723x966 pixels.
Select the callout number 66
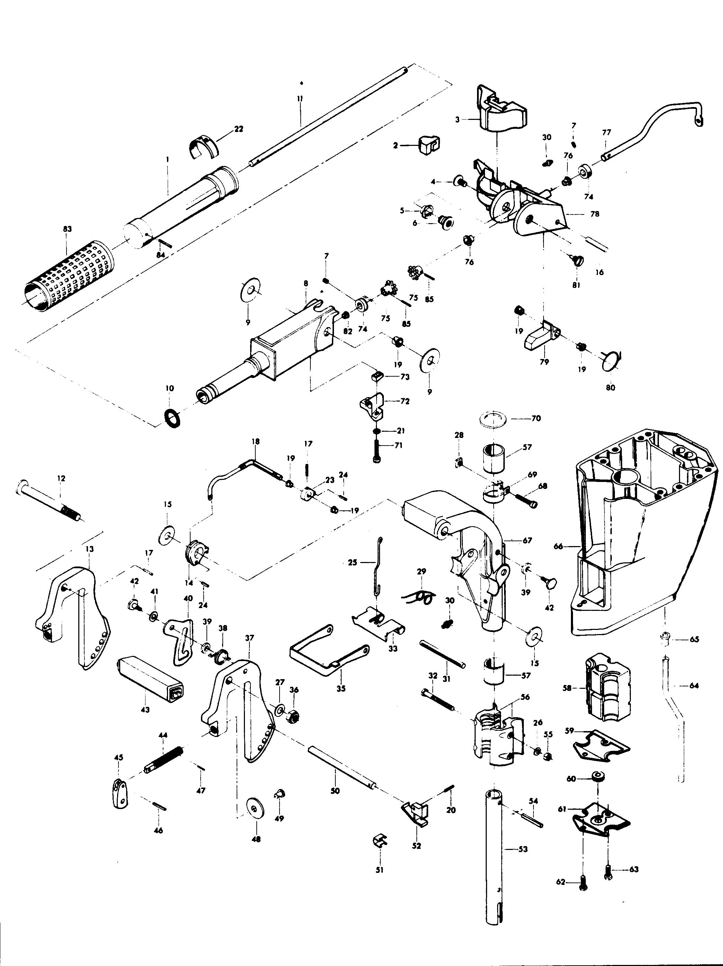(x=558, y=546)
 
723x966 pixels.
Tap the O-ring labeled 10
(x=173, y=418)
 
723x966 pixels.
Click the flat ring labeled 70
(x=493, y=418)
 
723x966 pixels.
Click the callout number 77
(x=607, y=132)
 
